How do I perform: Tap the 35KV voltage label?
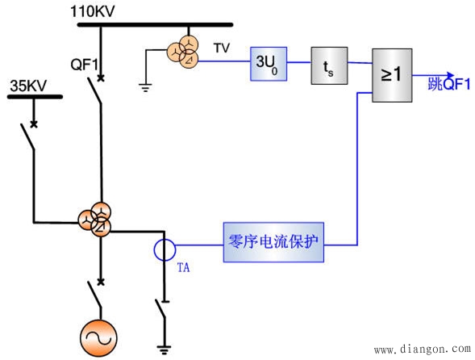coord(27,85)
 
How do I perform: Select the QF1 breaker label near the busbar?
coord(84,61)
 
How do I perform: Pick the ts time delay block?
coord(329,65)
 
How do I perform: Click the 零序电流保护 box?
coord(273,242)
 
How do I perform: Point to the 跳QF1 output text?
coord(450,84)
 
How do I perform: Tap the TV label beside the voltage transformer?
coord(222,48)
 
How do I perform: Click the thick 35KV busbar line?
coord(35,97)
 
